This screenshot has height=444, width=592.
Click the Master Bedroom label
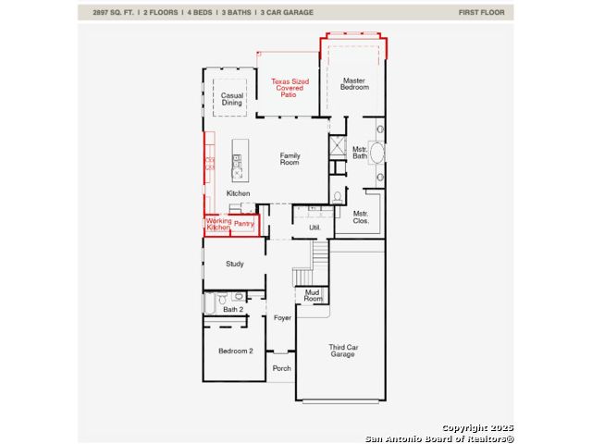(x=354, y=84)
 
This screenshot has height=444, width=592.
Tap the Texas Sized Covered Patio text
(x=290, y=88)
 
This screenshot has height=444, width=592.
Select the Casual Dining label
(x=232, y=99)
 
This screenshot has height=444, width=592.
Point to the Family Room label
(x=290, y=159)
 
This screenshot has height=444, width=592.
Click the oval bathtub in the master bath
(x=376, y=153)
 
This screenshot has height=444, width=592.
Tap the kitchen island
(x=240, y=160)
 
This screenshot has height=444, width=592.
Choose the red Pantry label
(x=243, y=224)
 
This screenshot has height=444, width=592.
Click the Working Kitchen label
(x=218, y=224)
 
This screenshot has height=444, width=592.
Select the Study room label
(x=235, y=264)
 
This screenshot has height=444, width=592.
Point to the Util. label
(x=314, y=228)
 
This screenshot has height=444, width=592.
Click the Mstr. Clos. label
(x=361, y=217)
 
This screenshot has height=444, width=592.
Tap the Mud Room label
(x=313, y=295)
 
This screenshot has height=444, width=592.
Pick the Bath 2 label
(x=233, y=310)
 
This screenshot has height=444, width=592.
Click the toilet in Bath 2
(x=222, y=299)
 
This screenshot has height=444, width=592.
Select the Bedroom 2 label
(x=236, y=351)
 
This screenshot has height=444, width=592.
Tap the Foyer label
(x=282, y=318)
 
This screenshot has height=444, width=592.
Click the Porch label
(x=281, y=368)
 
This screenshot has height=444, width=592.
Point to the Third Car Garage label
(x=343, y=351)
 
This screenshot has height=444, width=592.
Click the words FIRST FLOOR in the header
(x=481, y=12)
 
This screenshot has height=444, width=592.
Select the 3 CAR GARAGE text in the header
(x=287, y=12)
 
